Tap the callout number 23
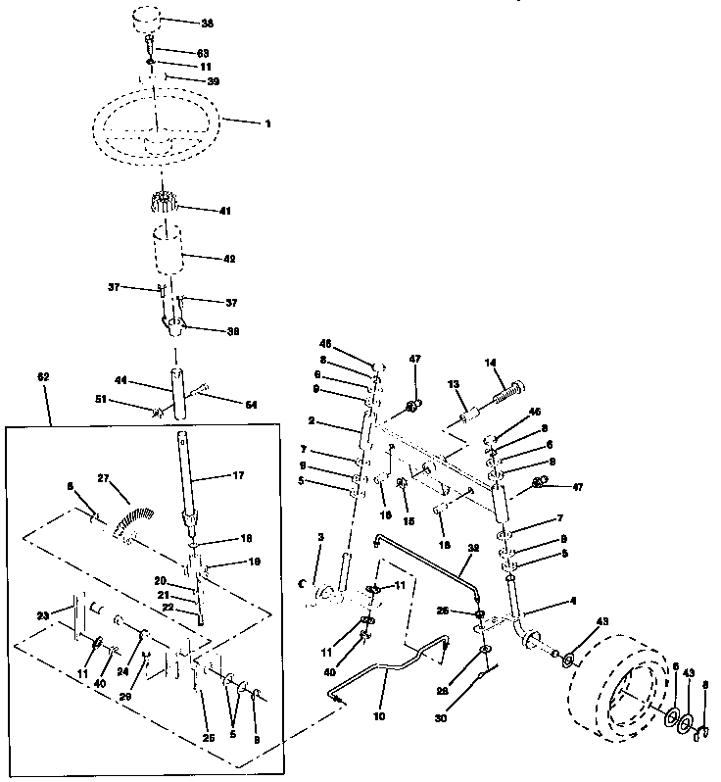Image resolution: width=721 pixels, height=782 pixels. tap(42, 615)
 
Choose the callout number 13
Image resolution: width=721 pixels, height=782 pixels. tap(454, 383)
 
